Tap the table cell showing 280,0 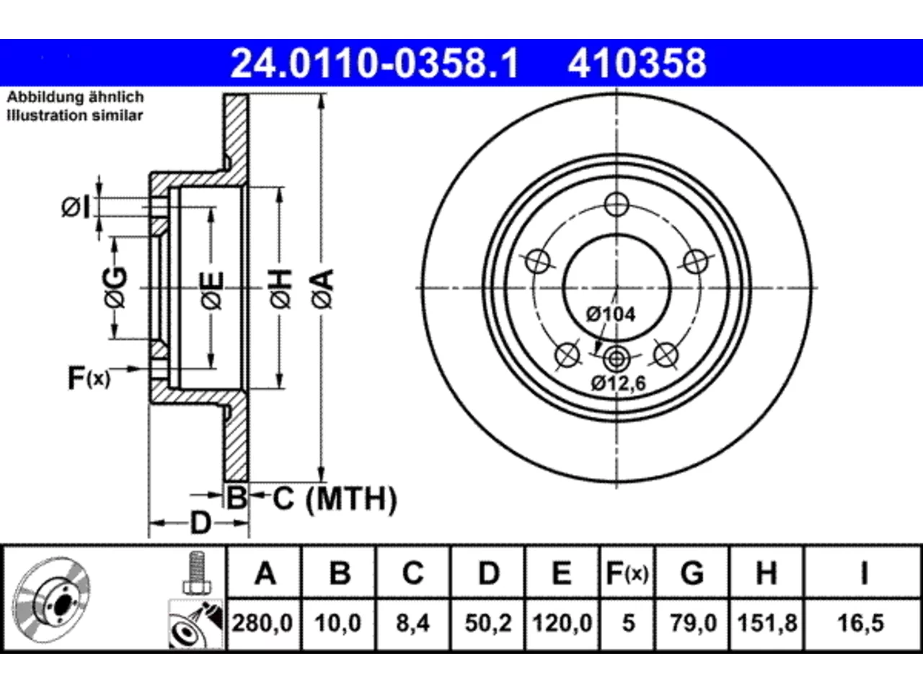click(x=262, y=623)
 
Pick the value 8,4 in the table click(x=413, y=623)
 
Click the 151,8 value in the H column click(x=767, y=623)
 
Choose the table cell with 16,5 click(x=861, y=623)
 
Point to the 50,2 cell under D click(x=487, y=623)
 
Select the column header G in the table click(x=692, y=573)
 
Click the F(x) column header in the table click(x=627, y=573)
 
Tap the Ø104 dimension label click(x=611, y=314)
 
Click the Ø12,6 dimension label click(x=618, y=383)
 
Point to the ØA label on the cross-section click(x=323, y=289)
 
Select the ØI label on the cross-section click(x=76, y=208)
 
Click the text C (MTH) click(x=335, y=499)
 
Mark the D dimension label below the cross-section click(x=200, y=523)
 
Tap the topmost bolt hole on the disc click(x=617, y=205)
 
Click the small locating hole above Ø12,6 click(x=617, y=359)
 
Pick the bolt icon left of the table click(x=196, y=572)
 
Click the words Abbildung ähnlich click(x=75, y=97)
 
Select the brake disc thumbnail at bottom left click(x=52, y=600)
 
